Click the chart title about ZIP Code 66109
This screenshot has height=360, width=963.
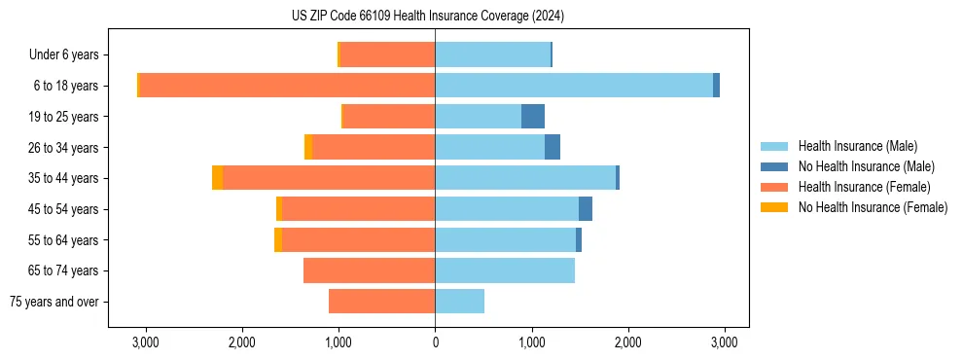[428, 16]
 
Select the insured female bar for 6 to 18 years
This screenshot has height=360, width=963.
[287, 86]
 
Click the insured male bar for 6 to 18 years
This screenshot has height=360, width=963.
[574, 86]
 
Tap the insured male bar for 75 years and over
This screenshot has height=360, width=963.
[459, 302]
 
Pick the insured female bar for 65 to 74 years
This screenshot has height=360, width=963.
[369, 270]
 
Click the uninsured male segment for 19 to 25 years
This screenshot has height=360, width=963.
[533, 117]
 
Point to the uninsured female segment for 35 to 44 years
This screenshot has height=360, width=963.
[217, 178]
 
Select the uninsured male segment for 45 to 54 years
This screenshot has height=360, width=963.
[586, 209]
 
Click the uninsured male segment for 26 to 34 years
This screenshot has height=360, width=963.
[553, 147]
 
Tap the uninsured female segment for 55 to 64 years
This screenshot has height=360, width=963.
[278, 240]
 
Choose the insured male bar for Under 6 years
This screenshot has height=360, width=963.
[492, 54]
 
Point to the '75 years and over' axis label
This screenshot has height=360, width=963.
[53, 302]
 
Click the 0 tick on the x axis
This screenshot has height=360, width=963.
[435, 342]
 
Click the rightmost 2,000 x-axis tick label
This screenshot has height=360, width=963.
[627, 342]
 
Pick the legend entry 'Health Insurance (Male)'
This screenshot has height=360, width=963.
[857, 146]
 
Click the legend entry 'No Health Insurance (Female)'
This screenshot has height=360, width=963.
[873, 207]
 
